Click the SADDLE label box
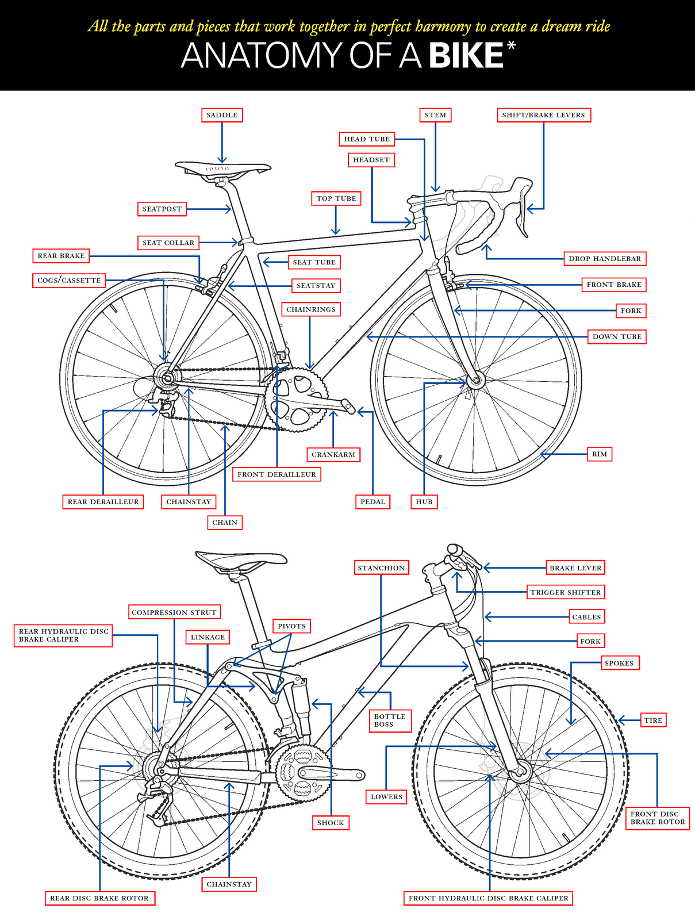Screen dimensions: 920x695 222,115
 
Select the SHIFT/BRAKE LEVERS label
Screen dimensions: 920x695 543,115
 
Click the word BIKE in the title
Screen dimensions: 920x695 466,56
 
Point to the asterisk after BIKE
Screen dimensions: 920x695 511,47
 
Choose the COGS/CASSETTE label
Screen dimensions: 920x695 69,281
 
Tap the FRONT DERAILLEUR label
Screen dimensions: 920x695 277,474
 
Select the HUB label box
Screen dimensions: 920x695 424,501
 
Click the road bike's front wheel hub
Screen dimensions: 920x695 475,380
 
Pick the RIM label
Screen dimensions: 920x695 600,454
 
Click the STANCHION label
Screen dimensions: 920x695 381,568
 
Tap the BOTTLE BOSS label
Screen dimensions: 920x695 390,720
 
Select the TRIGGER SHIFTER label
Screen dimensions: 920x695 566,592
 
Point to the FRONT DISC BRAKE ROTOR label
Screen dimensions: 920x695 658,818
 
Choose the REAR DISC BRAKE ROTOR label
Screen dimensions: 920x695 99,898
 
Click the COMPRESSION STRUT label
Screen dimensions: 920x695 174,612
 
